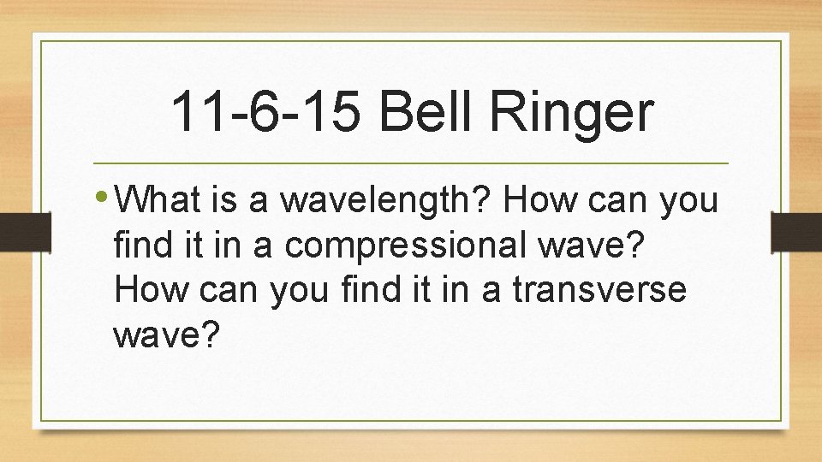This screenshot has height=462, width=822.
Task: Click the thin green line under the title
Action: pos(410,163)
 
